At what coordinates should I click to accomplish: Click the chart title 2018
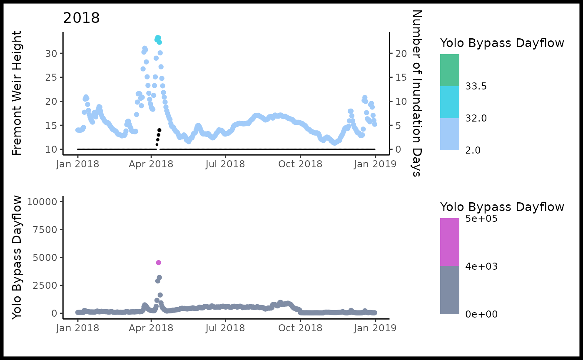[x=81, y=18]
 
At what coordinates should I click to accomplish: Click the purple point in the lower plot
[x=158, y=263]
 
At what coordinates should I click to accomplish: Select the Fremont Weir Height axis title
[x=17, y=93]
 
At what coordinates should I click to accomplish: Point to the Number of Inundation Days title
[x=416, y=93]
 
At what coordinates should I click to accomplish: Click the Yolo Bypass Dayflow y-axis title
[x=17, y=257]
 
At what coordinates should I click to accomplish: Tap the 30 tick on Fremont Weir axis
[x=51, y=54]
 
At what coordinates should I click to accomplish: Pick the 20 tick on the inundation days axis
[x=401, y=54]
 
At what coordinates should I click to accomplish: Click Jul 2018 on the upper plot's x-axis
[x=225, y=164]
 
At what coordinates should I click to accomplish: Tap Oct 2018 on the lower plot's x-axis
[x=300, y=328]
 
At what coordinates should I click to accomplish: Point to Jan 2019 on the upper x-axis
[x=375, y=164]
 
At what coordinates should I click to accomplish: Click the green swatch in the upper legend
[x=450, y=70]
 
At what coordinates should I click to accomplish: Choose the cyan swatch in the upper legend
[x=450, y=102]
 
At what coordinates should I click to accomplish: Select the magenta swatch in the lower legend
[x=450, y=242]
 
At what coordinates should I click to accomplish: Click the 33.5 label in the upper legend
[x=476, y=87]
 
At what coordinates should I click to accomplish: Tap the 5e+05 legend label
[x=481, y=218]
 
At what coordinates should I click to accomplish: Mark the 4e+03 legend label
[x=481, y=266]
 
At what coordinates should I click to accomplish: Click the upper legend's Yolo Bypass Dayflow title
[x=502, y=43]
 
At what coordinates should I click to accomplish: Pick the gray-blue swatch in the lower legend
[x=450, y=290]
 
